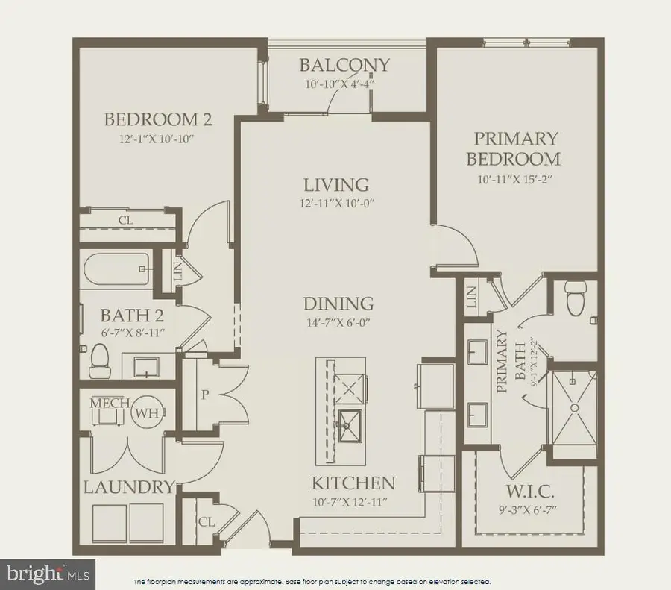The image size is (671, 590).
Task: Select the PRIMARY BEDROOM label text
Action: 513,148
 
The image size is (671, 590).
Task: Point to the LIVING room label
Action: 336,184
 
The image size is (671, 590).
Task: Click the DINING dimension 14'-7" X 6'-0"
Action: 338,322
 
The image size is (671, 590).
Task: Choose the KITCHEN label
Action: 353,482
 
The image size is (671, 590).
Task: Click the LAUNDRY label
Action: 128,488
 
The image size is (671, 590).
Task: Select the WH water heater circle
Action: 144,411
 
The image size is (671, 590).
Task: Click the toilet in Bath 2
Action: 99,363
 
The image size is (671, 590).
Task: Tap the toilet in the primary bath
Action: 575,298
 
